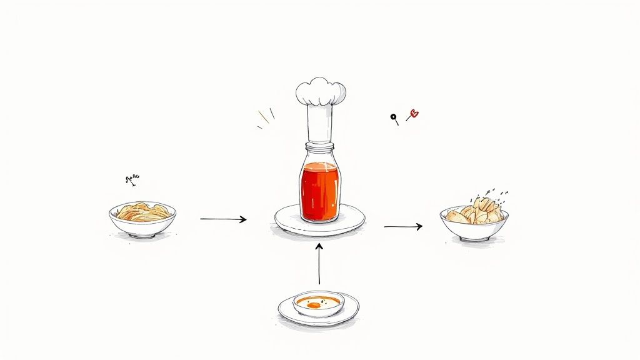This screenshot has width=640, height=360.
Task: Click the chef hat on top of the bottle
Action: point(321,92)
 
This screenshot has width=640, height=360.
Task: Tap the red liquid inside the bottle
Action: point(319,191)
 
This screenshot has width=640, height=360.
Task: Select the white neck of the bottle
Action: point(320,124)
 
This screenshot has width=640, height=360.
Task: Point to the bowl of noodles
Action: point(142,225)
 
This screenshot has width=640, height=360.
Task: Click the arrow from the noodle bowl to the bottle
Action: point(223,219)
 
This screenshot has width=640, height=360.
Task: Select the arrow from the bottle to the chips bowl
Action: point(402,226)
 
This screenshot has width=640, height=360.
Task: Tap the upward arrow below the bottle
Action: point(319,263)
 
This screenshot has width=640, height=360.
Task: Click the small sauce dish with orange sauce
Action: point(318,304)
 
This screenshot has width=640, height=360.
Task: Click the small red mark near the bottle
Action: point(413,114)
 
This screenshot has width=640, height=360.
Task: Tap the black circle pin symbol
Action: point(394,116)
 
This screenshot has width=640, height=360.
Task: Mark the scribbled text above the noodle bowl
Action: point(133,180)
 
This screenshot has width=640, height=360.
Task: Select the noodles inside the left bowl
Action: point(143,212)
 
